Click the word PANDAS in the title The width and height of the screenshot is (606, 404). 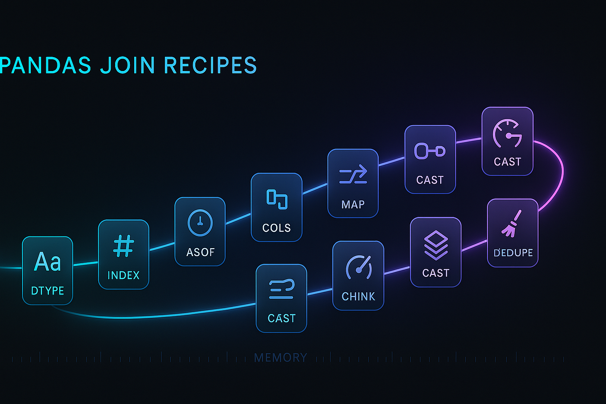click(x=45, y=65)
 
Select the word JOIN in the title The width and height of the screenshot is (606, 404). click(x=128, y=65)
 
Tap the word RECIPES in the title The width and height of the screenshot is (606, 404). click(x=210, y=65)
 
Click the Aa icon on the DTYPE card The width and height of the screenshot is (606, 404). click(x=48, y=262)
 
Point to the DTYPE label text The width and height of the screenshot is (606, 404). click(x=48, y=291)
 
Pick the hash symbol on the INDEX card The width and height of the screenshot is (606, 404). click(x=123, y=246)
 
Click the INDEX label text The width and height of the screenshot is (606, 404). click(x=123, y=275)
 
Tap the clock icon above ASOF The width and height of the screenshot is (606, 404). click(x=200, y=223)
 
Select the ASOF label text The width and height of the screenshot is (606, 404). click(x=200, y=252)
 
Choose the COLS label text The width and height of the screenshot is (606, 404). click(x=277, y=228)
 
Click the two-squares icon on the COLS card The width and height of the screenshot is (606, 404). click(x=277, y=199)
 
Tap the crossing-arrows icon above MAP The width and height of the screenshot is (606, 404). click(x=353, y=175)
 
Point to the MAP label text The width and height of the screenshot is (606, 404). click(x=353, y=204)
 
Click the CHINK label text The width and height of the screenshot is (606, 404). click(x=358, y=297)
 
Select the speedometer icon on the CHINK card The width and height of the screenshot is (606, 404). click(x=359, y=267)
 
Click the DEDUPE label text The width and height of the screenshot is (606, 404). click(x=513, y=253)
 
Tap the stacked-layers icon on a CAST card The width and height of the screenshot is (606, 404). click(x=436, y=245)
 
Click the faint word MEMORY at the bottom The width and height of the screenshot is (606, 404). click(x=280, y=358)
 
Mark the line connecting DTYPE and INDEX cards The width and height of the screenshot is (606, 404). click(x=86, y=263)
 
